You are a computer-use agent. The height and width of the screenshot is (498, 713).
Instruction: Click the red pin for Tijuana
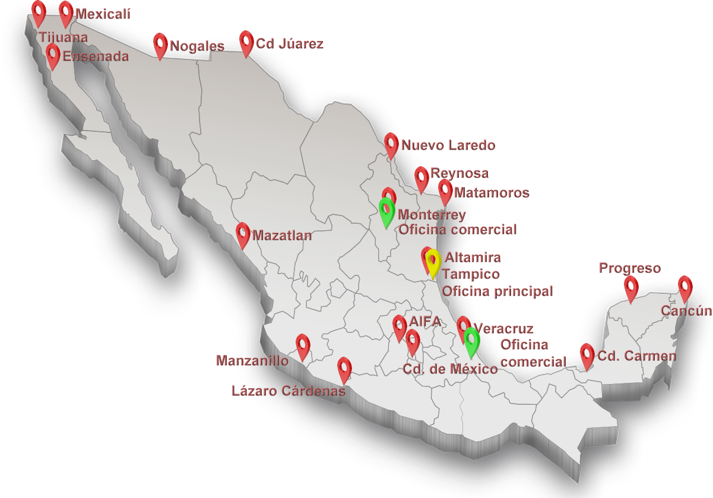tap(39, 12)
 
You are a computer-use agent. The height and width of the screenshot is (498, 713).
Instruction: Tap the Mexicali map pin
tap(66, 12)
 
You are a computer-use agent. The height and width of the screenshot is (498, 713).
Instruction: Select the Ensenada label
tap(95, 56)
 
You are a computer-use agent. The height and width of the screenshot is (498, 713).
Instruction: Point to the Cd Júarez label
tap(289, 43)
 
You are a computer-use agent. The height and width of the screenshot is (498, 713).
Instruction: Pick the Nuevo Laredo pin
tap(391, 144)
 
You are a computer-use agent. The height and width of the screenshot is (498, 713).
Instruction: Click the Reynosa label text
tap(460, 173)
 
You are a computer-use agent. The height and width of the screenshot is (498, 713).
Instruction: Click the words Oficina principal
tap(497, 291)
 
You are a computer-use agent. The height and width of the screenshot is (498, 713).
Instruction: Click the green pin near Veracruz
tap(471, 340)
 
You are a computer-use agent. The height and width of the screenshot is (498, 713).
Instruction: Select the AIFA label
tap(425, 321)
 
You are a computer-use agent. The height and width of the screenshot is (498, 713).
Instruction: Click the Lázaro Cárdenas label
tap(289, 391)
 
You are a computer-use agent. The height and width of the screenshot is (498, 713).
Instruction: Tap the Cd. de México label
tap(449, 369)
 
